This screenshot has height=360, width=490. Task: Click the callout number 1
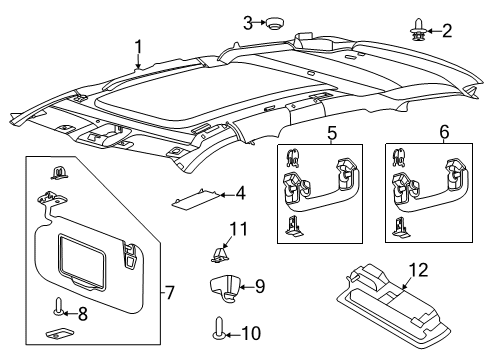(x=139, y=45)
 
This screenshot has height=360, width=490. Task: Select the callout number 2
(x=447, y=30)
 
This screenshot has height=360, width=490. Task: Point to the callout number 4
(x=240, y=192)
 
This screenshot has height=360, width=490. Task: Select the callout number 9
(x=259, y=286)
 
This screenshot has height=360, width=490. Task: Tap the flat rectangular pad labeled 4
(x=200, y=201)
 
